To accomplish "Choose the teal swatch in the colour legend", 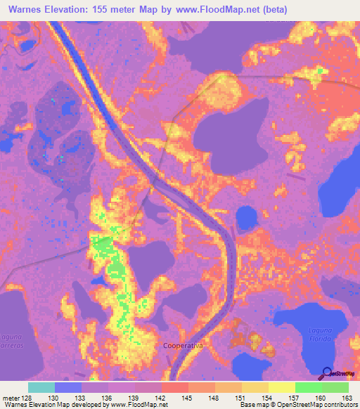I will coord(41,388).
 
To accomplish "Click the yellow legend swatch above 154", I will coord(255,388).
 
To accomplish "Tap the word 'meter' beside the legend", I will coord(11,398).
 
